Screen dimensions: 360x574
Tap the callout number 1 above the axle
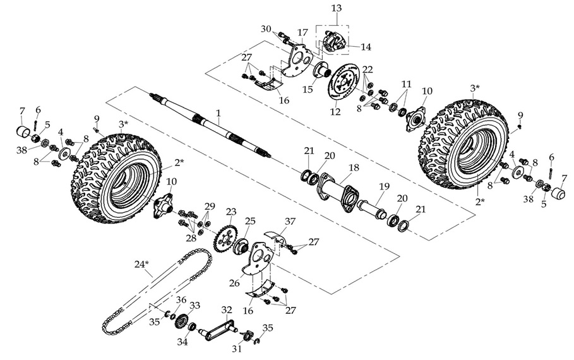click(x=218, y=114)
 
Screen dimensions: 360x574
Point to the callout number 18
click(x=354, y=169)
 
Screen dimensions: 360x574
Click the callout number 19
click(x=383, y=186)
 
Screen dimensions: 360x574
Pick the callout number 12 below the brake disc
click(x=335, y=112)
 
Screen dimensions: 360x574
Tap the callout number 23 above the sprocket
click(x=231, y=212)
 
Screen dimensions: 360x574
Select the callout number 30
click(x=265, y=28)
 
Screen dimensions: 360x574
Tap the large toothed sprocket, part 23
click(x=225, y=239)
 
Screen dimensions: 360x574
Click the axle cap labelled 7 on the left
click(x=24, y=134)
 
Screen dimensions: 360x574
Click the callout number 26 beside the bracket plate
click(x=234, y=283)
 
